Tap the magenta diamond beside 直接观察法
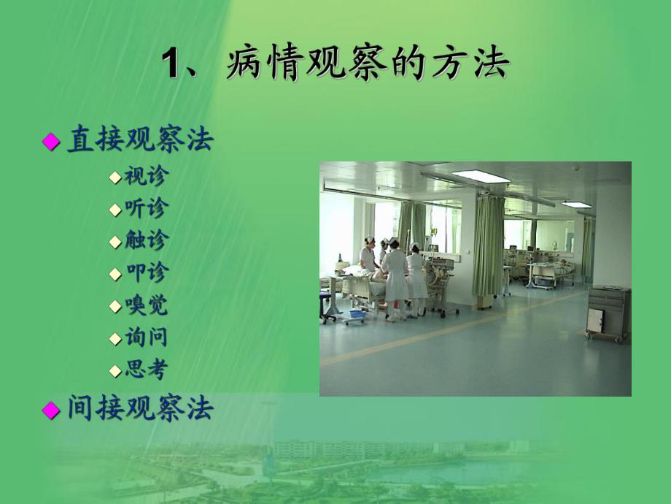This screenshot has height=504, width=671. [50, 142]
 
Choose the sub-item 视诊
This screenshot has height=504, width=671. [146, 176]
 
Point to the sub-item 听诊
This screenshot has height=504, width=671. [146, 208]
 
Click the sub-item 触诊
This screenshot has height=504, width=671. [146, 240]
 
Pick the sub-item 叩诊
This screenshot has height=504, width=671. [146, 272]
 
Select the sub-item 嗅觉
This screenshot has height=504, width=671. [146, 305]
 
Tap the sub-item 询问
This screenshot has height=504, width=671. [146, 337]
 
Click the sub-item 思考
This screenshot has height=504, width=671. [146, 370]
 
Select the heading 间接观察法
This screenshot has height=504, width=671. [140, 409]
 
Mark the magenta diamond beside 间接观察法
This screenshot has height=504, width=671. [50, 410]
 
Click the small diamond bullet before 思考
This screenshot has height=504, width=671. [115, 370]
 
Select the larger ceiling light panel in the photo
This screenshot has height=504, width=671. [480, 176]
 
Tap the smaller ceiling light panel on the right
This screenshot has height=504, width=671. [575, 205]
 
